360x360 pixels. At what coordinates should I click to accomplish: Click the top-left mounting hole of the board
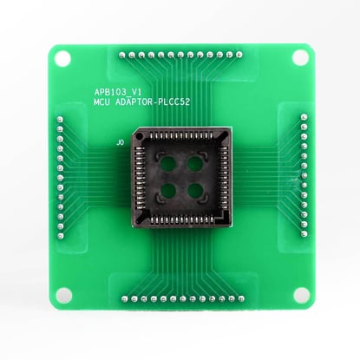click(62, 57)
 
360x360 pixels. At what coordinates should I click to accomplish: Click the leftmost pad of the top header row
click(121, 54)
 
